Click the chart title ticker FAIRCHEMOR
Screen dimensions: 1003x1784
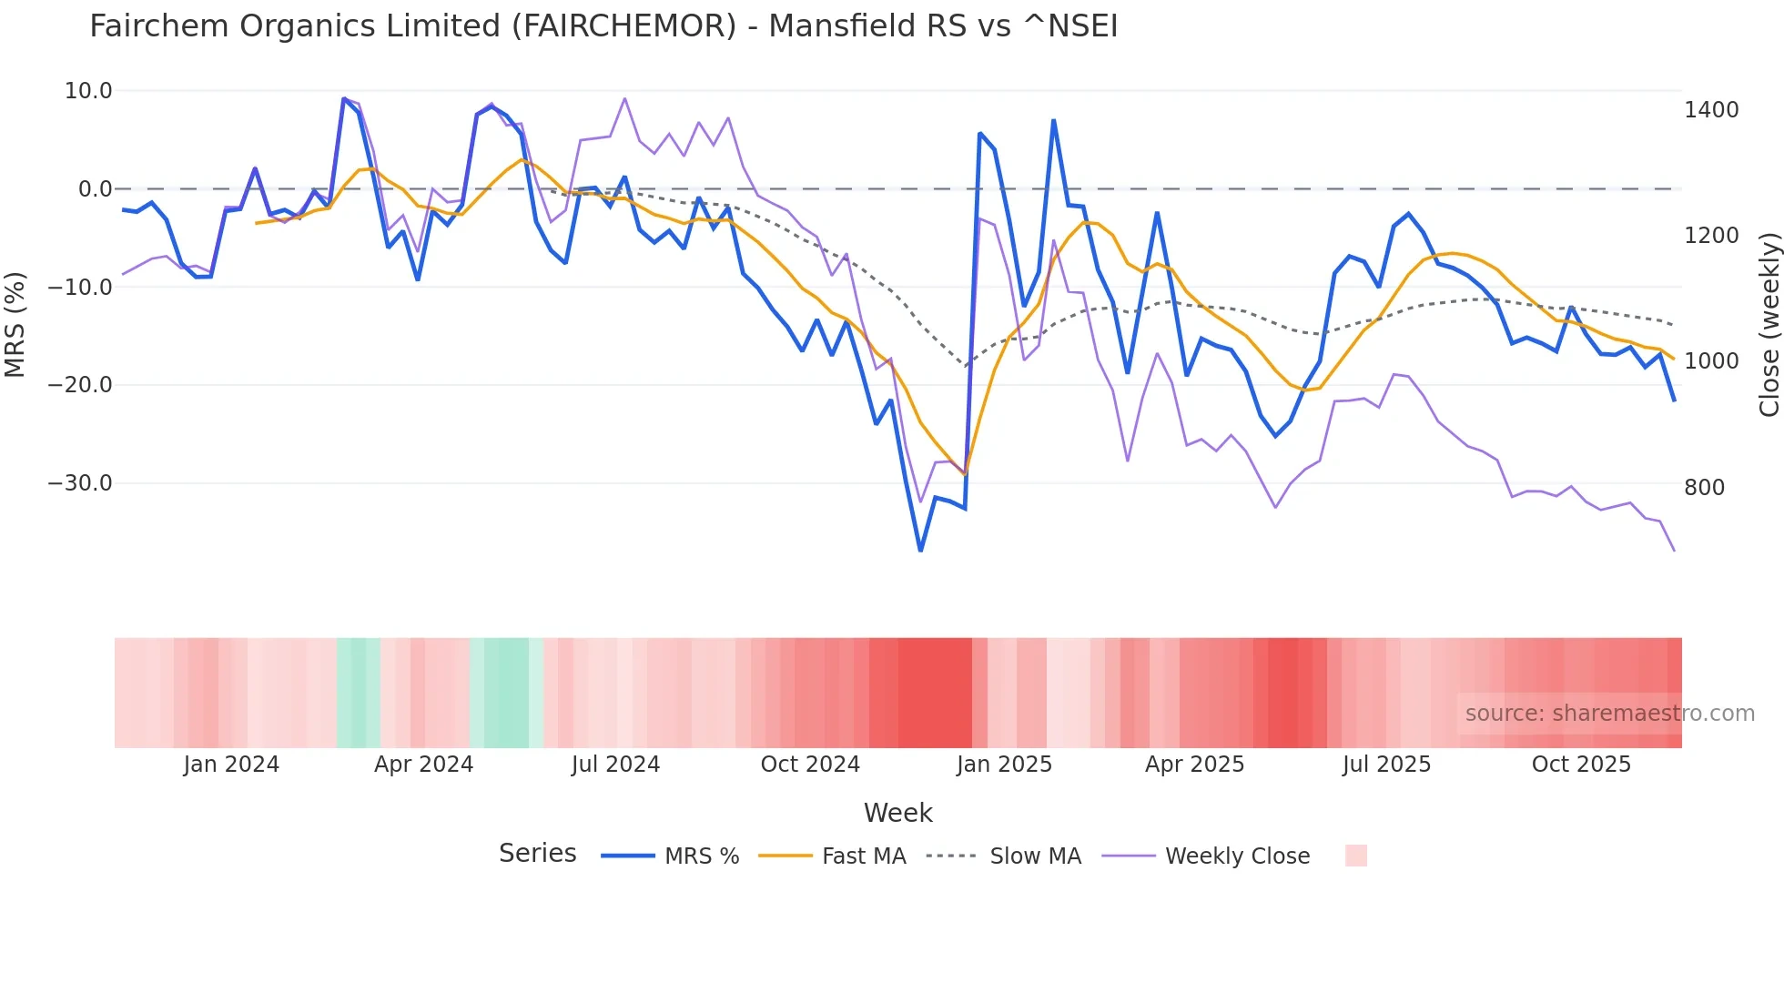coord(623,26)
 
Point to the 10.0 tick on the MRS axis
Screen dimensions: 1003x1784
coord(88,91)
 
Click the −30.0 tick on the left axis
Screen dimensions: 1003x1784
coord(80,483)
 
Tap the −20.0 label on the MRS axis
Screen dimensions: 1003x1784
coord(80,385)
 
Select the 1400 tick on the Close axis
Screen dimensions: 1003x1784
coord(1711,110)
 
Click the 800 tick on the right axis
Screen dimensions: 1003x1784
coord(1705,488)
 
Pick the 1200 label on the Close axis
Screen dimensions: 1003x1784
coord(1711,236)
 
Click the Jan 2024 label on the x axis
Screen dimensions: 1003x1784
coord(231,765)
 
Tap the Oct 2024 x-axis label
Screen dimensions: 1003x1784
coord(810,765)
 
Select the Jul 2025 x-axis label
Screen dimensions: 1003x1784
coord(1386,765)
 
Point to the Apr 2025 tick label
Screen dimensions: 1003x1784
coord(1194,765)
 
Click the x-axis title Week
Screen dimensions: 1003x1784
coord(897,813)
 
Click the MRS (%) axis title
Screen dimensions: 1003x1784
coord(15,324)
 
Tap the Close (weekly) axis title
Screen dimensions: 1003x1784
coord(1769,325)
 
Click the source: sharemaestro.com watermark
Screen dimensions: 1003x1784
coord(1609,714)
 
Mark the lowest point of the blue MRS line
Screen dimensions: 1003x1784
coord(920,551)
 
